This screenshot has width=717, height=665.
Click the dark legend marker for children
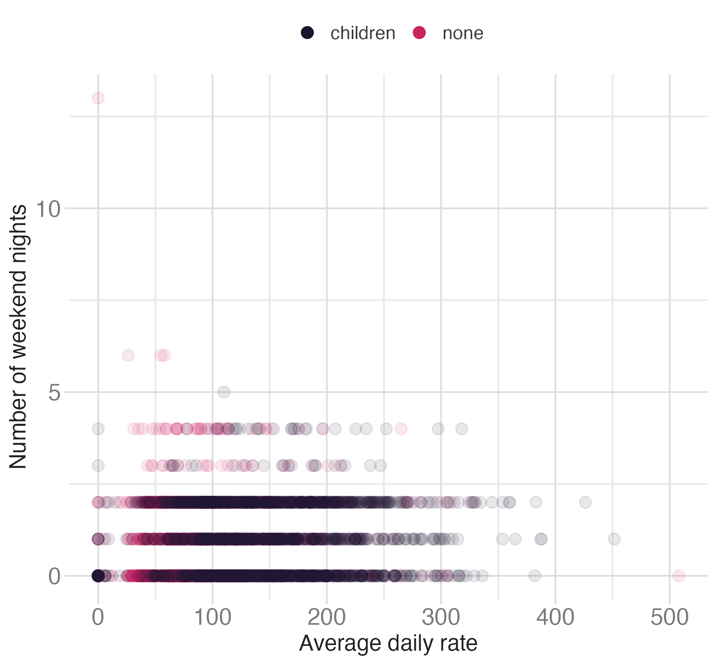click(x=307, y=33)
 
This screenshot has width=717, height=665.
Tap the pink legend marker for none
click(x=419, y=33)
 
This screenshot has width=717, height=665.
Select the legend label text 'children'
click(x=362, y=33)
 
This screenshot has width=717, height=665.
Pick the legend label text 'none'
click(x=463, y=33)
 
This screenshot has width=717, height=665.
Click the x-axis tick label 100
click(x=212, y=618)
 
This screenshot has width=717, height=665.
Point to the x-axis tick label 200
click(x=327, y=618)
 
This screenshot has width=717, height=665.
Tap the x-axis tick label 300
click(x=441, y=618)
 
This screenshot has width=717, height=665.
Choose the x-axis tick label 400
click(x=555, y=618)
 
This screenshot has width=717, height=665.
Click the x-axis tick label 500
click(x=670, y=618)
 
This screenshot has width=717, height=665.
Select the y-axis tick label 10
click(x=48, y=209)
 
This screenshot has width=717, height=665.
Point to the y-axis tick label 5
click(x=54, y=393)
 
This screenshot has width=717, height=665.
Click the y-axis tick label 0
click(x=54, y=576)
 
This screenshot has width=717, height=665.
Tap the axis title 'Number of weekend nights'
click(x=18, y=337)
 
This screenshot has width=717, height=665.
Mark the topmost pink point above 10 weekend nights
click(x=98, y=98)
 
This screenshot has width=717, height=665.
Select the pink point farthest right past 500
click(x=679, y=576)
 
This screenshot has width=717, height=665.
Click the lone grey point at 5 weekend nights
click(x=224, y=392)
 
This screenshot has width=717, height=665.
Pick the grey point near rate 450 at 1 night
click(x=614, y=539)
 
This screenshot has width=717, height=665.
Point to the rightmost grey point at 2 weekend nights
click(x=585, y=502)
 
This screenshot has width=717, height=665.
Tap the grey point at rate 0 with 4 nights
click(x=98, y=429)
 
